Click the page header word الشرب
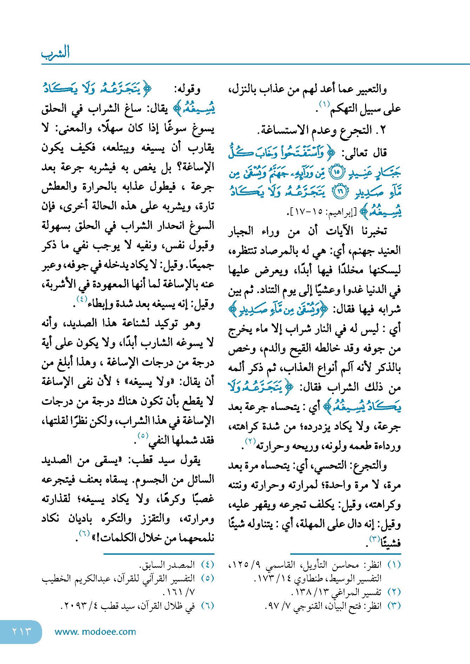[x=55, y=53]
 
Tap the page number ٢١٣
[x=22, y=631]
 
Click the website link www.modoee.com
[x=95, y=632]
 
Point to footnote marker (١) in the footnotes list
[x=394, y=565]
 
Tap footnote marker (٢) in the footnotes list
[x=394, y=592]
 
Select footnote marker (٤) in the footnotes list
[x=207, y=565]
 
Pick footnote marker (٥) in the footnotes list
[x=207, y=579]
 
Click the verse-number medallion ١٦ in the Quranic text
[x=340, y=192]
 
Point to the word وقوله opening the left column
[x=189, y=90]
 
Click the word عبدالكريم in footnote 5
[x=93, y=579]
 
